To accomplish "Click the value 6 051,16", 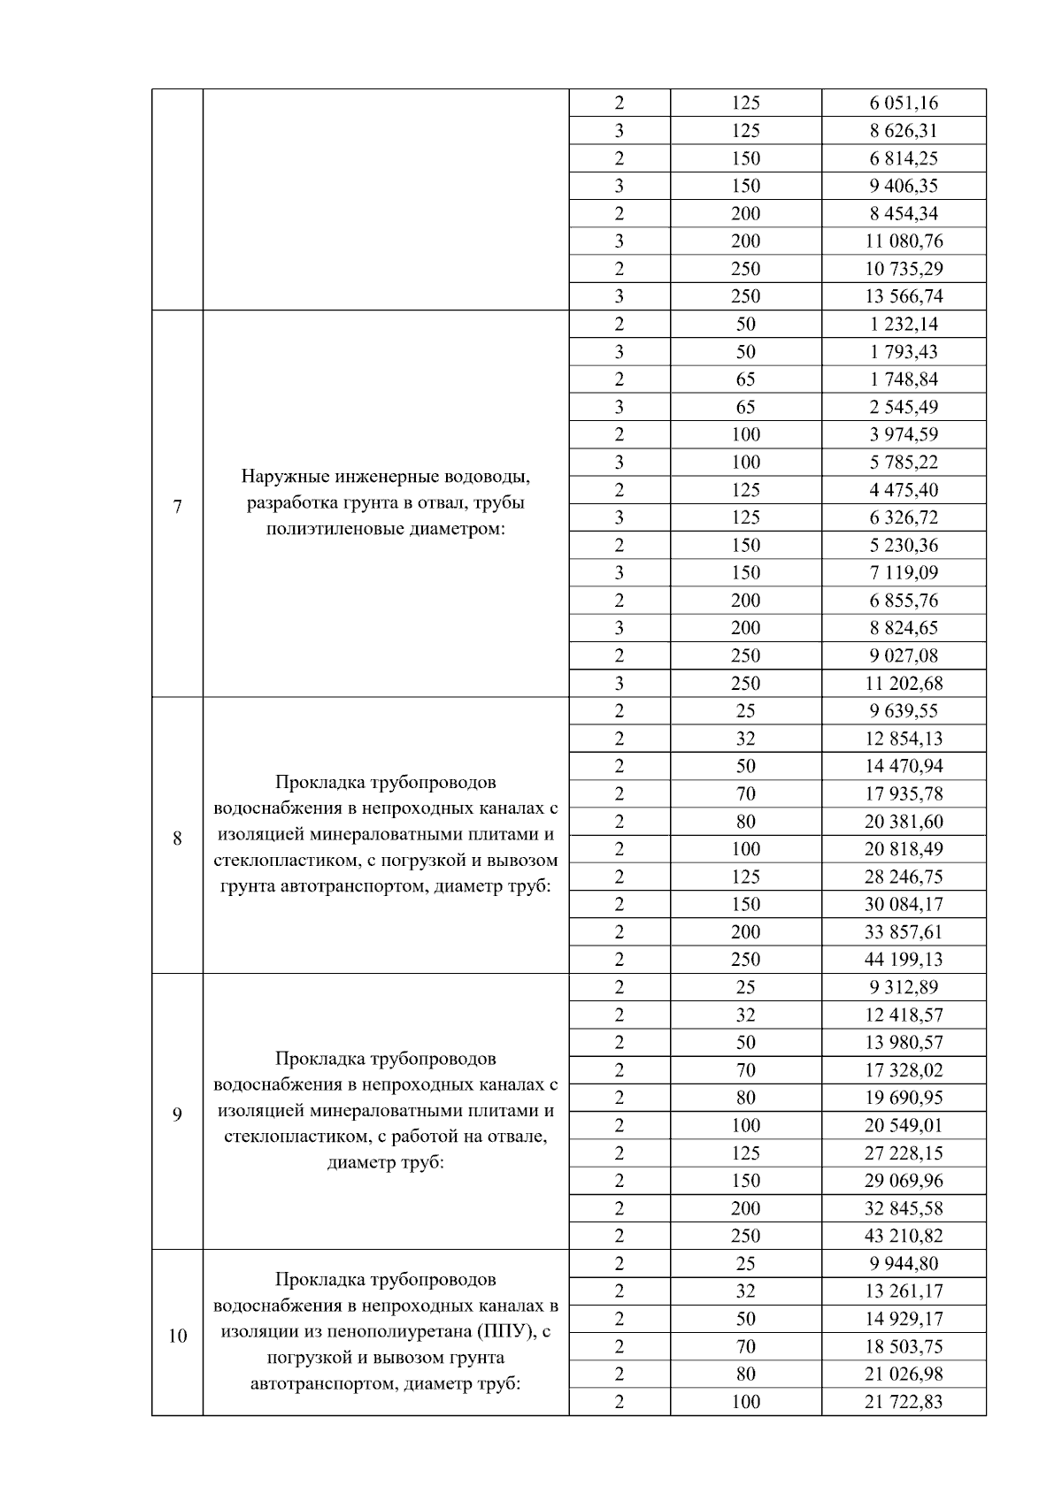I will click(904, 103).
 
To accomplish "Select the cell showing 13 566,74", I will click(904, 296).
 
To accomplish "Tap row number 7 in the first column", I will click(178, 507).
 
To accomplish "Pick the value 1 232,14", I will click(904, 324).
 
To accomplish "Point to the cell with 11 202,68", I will click(904, 683).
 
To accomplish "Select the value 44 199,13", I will click(904, 959).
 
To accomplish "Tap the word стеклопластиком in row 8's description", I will click(286, 860).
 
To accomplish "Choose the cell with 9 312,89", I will click(904, 987).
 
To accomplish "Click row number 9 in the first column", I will click(178, 1114).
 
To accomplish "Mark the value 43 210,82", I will click(904, 1236).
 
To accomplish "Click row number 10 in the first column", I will click(178, 1335).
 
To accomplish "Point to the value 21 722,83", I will click(904, 1401).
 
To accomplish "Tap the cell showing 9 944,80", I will click(904, 1263).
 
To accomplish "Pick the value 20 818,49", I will click(904, 849).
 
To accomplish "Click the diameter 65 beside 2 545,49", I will click(745, 407).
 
